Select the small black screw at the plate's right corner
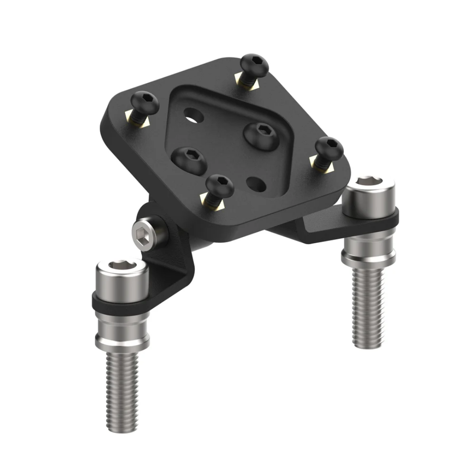(x=329, y=148)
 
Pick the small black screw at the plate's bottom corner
(x=219, y=185)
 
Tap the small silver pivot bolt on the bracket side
(x=143, y=230)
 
